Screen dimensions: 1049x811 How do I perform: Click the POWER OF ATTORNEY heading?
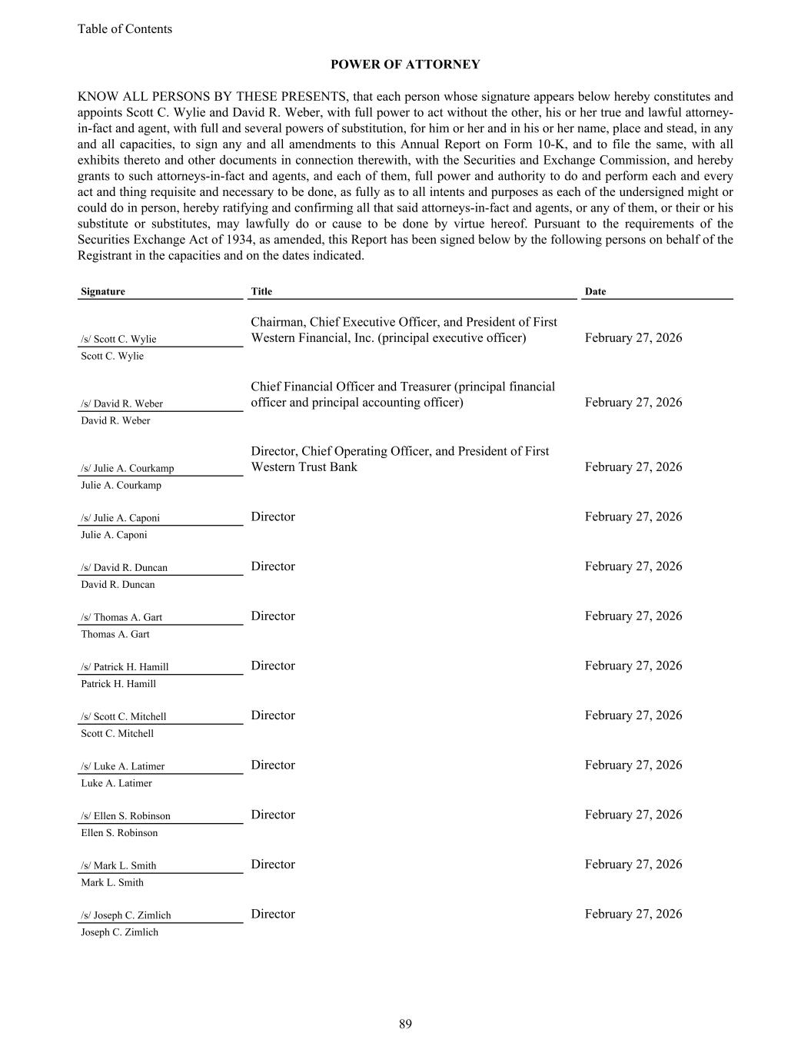(x=405, y=65)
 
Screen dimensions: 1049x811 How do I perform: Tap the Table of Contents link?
(x=125, y=29)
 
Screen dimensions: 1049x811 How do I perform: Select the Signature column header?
(x=103, y=291)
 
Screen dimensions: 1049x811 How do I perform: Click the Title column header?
(x=261, y=291)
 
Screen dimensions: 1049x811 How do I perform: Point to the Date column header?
(x=595, y=291)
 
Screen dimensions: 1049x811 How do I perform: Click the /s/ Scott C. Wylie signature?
(x=118, y=339)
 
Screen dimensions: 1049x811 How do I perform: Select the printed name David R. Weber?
(x=115, y=420)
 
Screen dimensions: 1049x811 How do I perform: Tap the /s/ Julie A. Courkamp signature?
(x=127, y=468)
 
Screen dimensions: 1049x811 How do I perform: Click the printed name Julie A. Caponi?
(x=114, y=535)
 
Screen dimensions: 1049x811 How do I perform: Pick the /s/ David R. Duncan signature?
(x=124, y=568)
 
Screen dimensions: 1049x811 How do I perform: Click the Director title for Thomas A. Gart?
(x=273, y=616)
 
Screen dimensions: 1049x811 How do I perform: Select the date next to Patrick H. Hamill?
(x=633, y=666)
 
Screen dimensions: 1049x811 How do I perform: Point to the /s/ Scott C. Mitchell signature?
(x=123, y=717)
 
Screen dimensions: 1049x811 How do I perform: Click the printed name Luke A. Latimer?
(x=116, y=783)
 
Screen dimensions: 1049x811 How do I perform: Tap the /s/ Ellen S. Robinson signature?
(x=125, y=816)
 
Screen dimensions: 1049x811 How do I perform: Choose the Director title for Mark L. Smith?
(x=273, y=865)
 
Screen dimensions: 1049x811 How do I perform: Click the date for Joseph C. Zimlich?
(x=633, y=914)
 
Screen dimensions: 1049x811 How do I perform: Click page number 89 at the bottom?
(x=405, y=1024)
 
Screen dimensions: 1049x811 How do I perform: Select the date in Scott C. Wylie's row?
(x=633, y=338)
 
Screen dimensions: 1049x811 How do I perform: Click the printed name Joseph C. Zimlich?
(x=119, y=932)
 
